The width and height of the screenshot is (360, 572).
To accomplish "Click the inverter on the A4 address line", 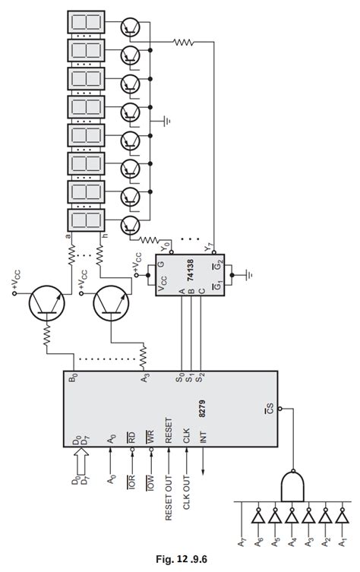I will coord(292,518).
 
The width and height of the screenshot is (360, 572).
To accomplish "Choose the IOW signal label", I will coord(150,483).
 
